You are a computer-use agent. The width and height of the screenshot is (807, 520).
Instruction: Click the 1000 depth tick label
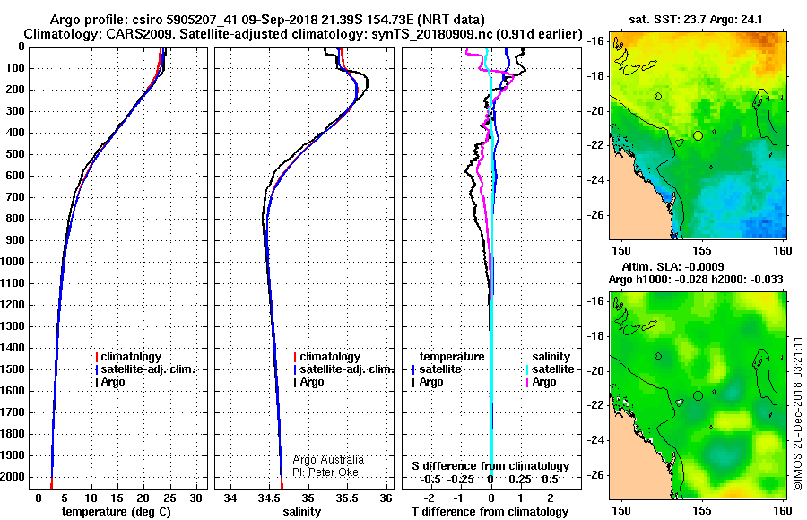tap(13, 262)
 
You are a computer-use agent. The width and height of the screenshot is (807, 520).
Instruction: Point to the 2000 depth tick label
tap(13, 477)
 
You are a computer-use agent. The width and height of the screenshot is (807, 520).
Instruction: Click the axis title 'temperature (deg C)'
tap(117, 512)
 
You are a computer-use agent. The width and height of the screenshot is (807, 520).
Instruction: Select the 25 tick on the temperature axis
tap(169, 498)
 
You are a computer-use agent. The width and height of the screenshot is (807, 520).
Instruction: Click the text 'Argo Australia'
tap(328, 460)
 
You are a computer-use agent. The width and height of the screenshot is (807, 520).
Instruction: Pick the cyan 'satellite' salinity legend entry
tap(550, 369)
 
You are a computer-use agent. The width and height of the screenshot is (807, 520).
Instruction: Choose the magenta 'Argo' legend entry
tap(541, 382)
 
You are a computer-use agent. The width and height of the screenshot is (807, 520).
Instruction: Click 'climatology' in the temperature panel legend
tap(128, 357)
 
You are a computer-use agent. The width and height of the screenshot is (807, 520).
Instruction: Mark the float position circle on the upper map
tap(698, 135)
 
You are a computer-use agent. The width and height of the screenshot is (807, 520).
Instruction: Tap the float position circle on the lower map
tap(698, 395)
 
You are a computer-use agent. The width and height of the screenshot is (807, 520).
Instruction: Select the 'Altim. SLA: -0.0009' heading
tap(672, 267)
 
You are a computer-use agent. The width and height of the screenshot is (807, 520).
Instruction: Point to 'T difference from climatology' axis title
tap(490, 512)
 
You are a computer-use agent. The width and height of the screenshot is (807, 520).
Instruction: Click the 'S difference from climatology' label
tap(490, 466)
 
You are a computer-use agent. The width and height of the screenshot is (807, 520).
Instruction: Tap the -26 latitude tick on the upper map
tap(597, 215)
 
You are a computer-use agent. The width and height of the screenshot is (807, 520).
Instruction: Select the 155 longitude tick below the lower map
tap(702, 510)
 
